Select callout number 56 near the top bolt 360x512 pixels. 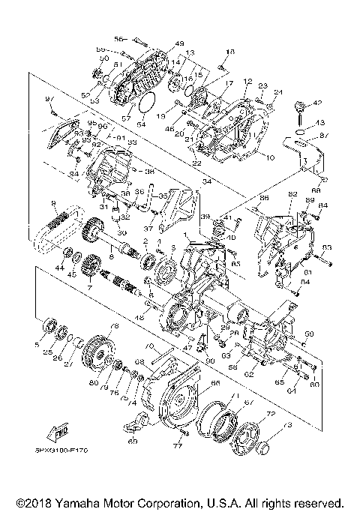[x=118, y=38]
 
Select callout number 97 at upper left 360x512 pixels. [x=51, y=100]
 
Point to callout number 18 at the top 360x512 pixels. [x=230, y=51]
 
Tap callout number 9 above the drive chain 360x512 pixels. [x=53, y=202]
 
